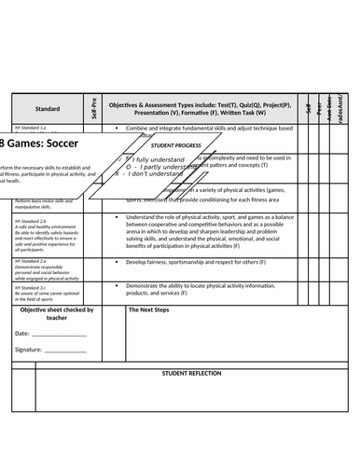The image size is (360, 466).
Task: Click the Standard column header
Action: [48, 108]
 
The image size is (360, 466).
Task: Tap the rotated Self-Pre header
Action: [95, 107]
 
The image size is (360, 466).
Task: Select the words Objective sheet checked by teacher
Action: [57, 313]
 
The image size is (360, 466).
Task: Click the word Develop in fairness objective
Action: [141, 262]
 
